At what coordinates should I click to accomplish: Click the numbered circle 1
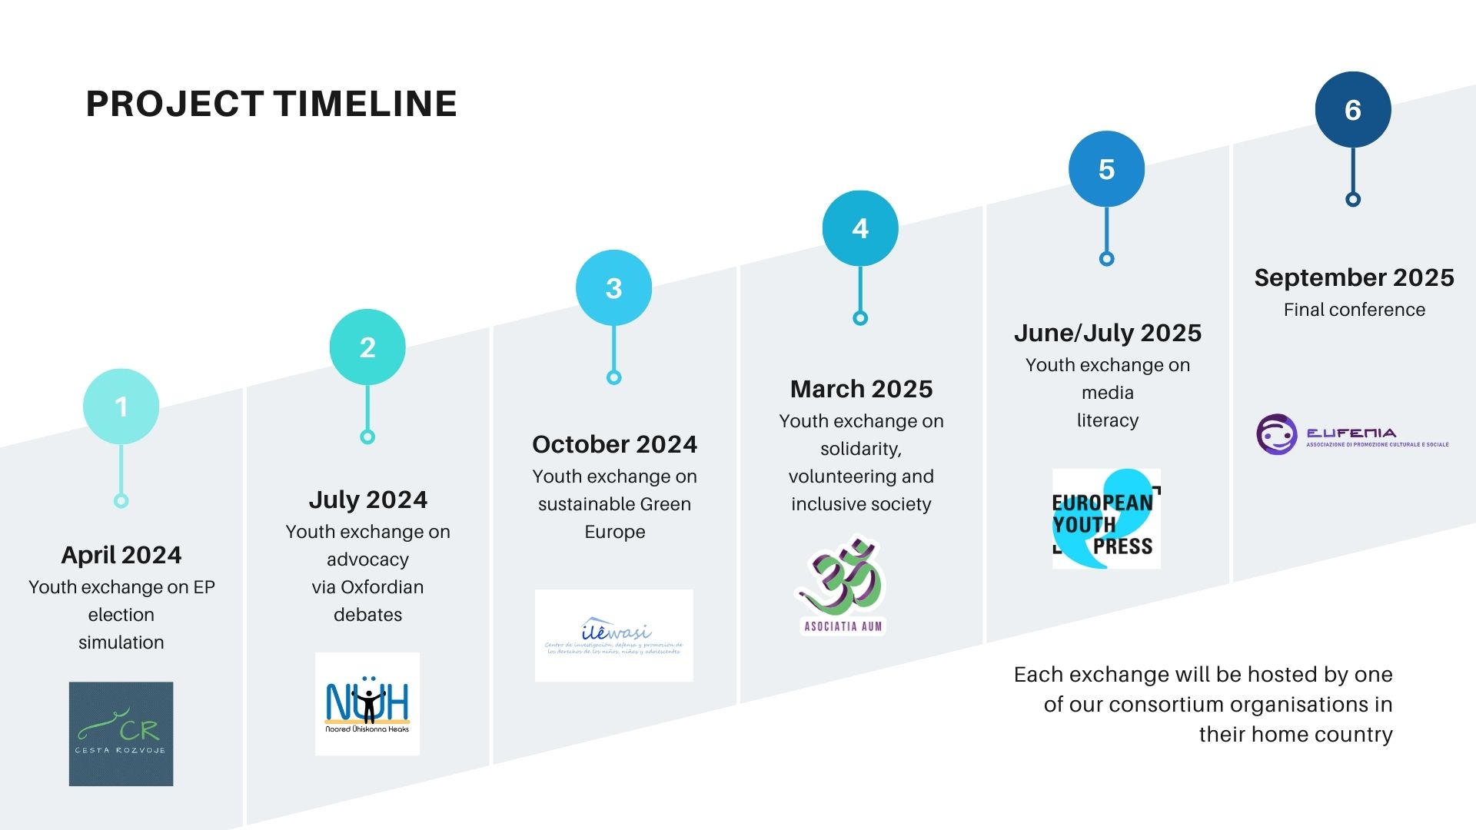(121, 407)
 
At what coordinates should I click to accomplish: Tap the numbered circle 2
(367, 347)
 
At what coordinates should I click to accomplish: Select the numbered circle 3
(613, 288)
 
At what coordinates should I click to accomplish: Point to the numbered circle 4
(860, 228)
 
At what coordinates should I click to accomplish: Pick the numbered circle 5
(1106, 169)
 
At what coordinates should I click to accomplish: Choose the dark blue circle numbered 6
(1353, 110)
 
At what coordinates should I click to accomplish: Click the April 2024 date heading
(121, 555)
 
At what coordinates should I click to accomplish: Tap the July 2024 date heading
(367, 500)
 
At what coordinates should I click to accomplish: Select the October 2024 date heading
(614, 444)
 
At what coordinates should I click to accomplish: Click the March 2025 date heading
(861, 389)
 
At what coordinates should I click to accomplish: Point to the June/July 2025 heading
(1107, 333)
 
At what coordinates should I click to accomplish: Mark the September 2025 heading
(1354, 277)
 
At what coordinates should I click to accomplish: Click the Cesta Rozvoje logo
(121, 734)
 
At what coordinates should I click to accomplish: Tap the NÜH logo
(367, 704)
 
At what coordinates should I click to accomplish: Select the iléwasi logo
(613, 636)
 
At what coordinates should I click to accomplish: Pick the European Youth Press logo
(1105, 520)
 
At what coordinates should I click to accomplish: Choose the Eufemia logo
(1353, 435)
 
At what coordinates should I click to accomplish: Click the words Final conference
(1354, 310)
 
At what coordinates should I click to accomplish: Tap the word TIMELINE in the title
(365, 104)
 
